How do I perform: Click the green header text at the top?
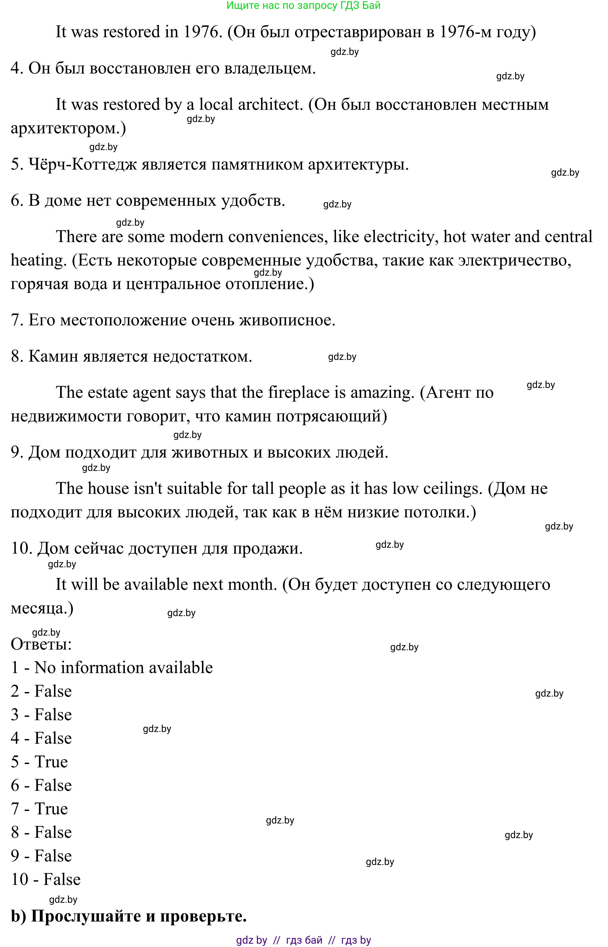tap(303, 5)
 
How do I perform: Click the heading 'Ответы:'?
tap(41, 644)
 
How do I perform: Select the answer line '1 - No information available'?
tap(112, 668)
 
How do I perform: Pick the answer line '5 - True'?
tap(40, 762)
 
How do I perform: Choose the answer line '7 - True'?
tap(40, 809)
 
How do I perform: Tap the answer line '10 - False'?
tap(46, 879)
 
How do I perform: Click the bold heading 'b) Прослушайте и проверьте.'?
tap(129, 916)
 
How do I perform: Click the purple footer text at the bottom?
tap(303, 940)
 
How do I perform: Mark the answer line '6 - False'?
tap(41, 785)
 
